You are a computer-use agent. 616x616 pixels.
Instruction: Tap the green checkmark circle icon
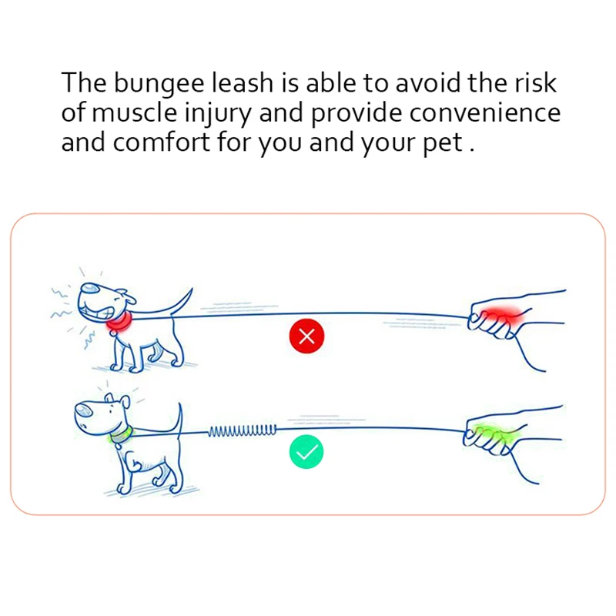tap(306, 452)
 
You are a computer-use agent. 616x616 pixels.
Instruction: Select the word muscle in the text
tap(132, 113)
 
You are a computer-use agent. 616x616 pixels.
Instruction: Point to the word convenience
tap(484, 113)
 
